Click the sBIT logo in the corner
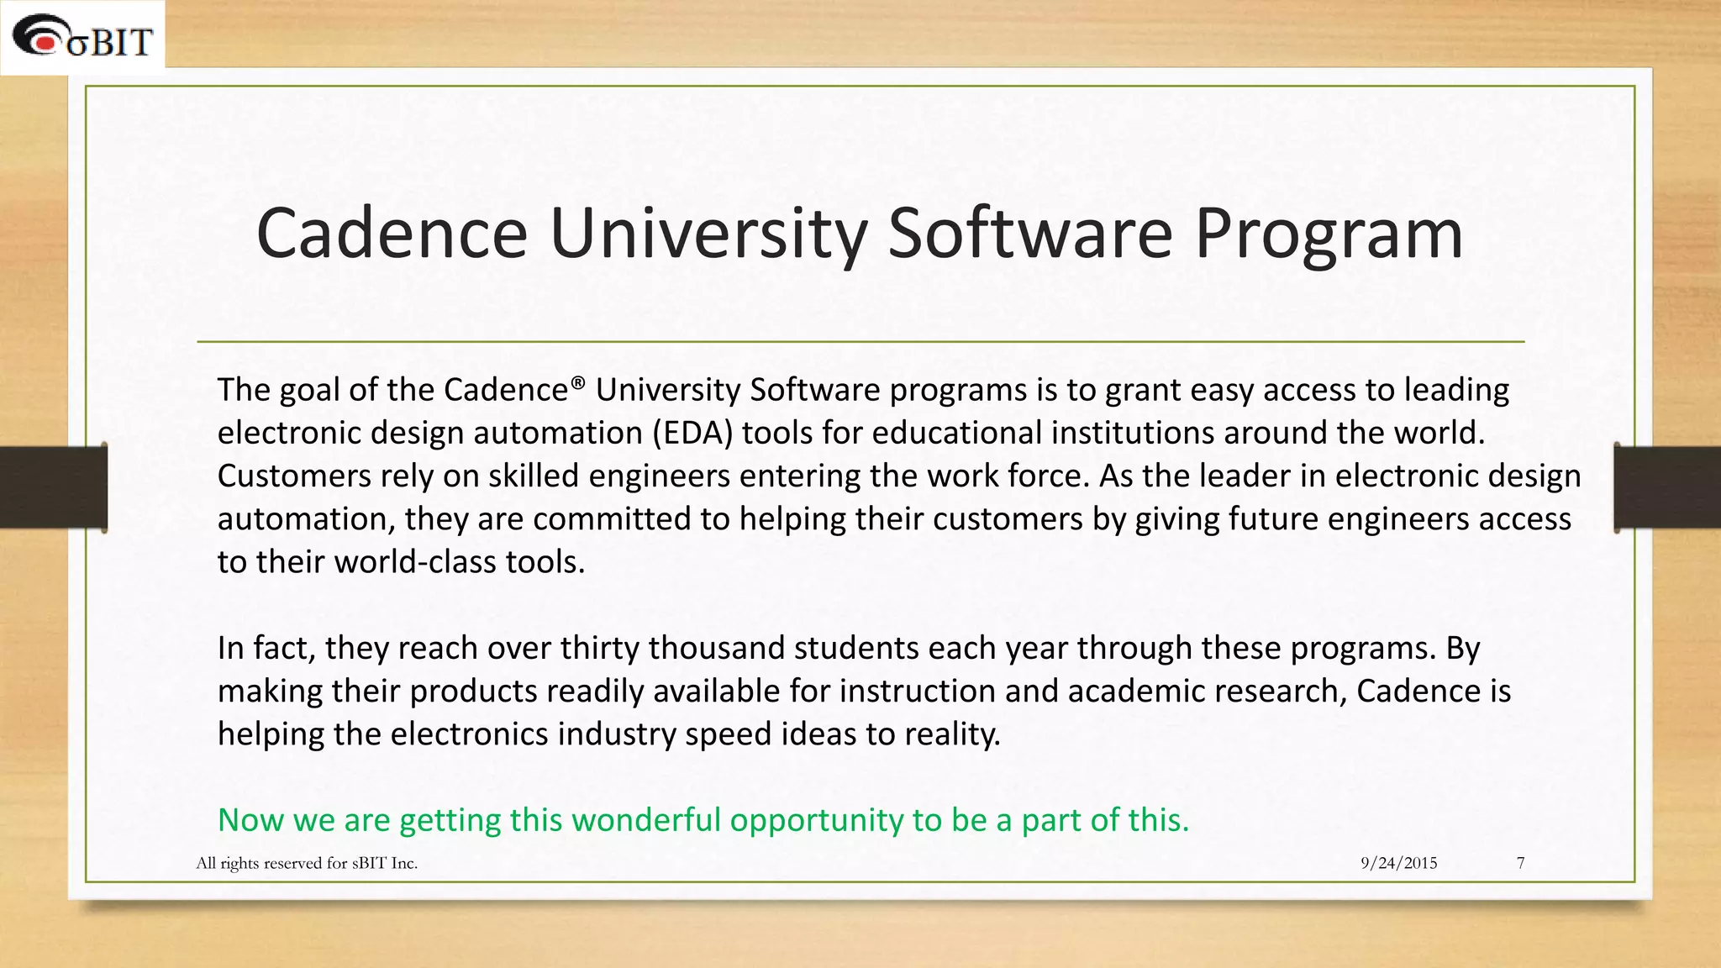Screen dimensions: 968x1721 82,38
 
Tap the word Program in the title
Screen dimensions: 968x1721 1329,235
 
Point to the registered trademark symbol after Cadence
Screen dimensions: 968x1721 577,383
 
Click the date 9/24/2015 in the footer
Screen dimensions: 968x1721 1398,863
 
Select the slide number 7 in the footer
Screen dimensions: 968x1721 1520,863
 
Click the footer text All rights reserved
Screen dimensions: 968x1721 307,863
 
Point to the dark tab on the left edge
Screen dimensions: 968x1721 53,487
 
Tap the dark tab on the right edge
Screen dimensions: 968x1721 1668,487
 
